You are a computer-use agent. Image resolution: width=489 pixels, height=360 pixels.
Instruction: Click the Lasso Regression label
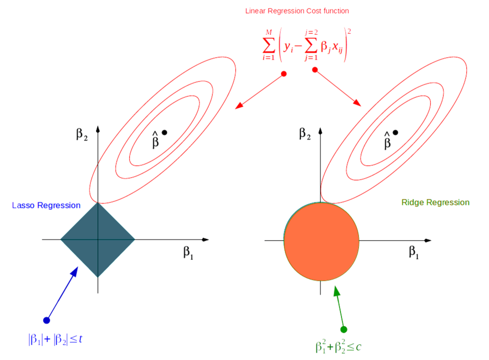click(x=46, y=206)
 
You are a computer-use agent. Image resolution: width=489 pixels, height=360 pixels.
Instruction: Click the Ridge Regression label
click(x=436, y=202)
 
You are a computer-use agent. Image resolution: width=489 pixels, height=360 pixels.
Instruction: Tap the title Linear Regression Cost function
click(x=297, y=11)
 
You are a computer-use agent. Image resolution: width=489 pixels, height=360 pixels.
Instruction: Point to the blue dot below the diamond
click(x=46, y=320)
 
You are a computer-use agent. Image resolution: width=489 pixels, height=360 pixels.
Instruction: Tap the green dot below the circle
click(x=343, y=329)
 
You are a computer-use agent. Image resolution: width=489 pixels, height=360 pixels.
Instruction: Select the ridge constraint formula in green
click(x=337, y=347)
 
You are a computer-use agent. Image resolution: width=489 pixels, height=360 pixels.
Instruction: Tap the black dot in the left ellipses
click(x=164, y=132)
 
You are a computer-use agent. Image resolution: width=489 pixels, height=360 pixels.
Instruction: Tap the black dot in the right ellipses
click(x=395, y=132)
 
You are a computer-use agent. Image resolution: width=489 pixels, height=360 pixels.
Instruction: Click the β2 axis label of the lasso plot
click(x=83, y=133)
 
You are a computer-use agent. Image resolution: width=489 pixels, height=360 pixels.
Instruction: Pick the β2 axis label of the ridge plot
click(x=305, y=133)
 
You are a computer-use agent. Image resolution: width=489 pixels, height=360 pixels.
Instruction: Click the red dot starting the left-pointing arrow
click(x=284, y=74)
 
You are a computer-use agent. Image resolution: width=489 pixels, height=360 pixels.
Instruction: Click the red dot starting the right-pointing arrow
click(x=315, y=70)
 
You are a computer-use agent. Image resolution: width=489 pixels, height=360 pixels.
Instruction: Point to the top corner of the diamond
click(x=97, y=203)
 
